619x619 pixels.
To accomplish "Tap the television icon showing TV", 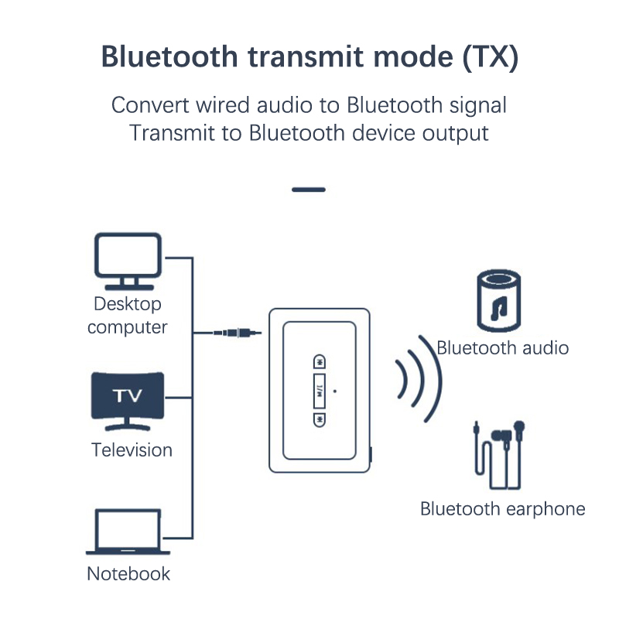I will [128, 399].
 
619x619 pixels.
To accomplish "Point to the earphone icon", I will [500, 456].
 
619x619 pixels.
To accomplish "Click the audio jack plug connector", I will [236, 333].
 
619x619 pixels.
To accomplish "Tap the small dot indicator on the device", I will [334, 390].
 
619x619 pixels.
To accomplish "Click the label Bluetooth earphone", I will [502, 509].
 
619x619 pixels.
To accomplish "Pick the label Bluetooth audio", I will [502, 348].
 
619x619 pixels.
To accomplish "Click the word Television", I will [132, 450].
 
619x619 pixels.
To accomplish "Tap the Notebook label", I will [128, 574].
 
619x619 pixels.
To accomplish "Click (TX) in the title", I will [491, 56].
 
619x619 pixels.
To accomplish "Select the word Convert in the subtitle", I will [148, 104].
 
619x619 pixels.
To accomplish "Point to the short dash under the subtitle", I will [309, 190].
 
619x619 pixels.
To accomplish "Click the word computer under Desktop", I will [127, 327].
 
